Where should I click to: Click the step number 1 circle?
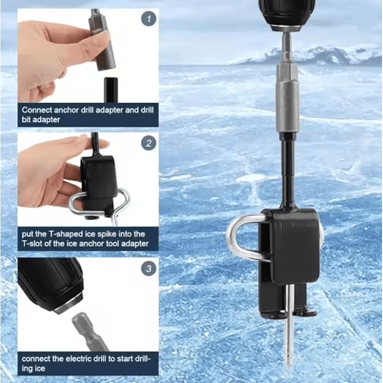[x=148, y=19]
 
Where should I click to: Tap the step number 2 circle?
[x=148, y=143]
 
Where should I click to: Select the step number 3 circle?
[x=148, y=268]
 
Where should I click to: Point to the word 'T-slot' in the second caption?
[x=34, y=244]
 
